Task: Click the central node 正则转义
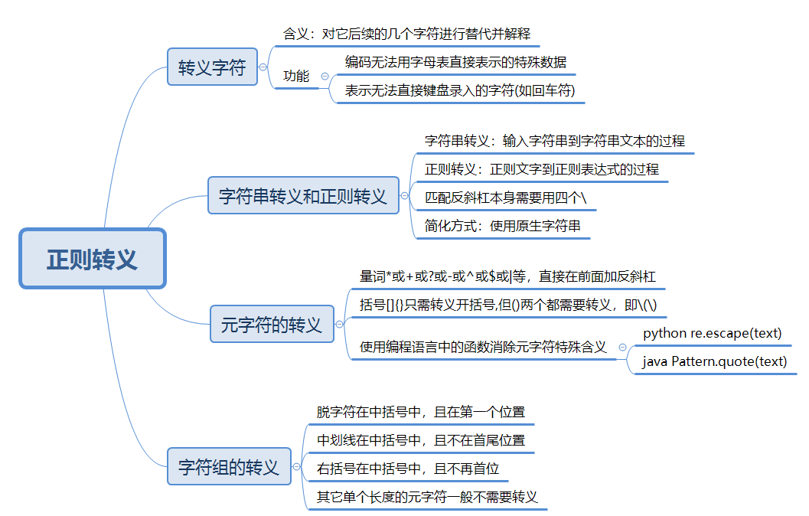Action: (92, 259)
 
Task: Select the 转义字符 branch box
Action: (212, 67)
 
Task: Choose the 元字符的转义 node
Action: (272, 325)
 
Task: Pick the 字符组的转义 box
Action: (229, 467)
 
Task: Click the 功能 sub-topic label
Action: (296, 76)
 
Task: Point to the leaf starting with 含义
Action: (406, 34)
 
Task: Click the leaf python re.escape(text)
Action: (712, 333)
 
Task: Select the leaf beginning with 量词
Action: (507, 276)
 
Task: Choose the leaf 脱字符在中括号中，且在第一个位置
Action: (421, 412)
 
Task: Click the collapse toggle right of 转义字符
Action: (263, 67)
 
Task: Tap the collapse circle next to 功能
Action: (325, 76)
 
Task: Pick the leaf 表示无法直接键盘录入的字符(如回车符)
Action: (459, 90)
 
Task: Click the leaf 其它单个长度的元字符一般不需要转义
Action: (427, 496)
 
